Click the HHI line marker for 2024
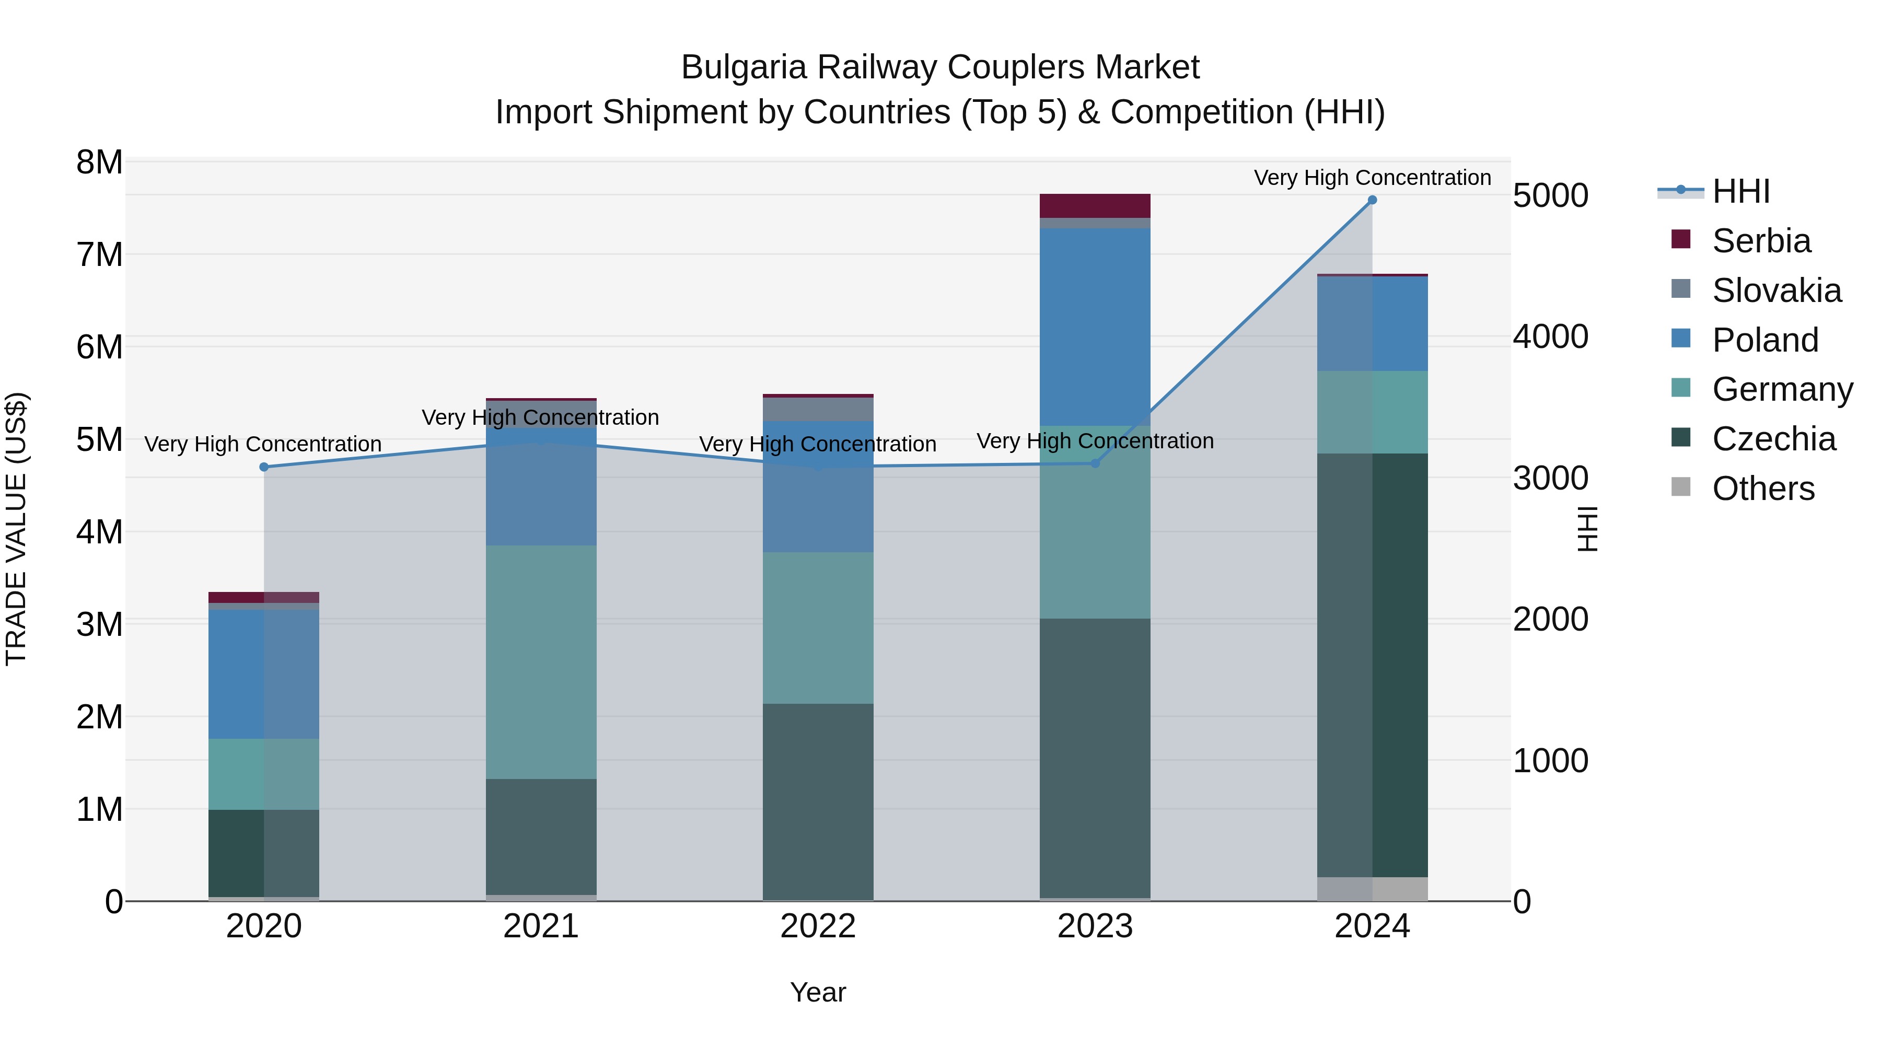pyautogui.click(x=1372, y=200)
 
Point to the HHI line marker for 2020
pyautogui.click(x=264, y=467)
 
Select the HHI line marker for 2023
pyautogui.click(x=1095, y=463)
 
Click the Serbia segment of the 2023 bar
pyautogui.click(x=1095, y=206)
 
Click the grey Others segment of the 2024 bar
pyautogui.click(x=1372, y=889)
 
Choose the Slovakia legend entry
pyautogui.click(x=1776, y=290)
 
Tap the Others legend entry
pyautogui.click(x=1763, y=489)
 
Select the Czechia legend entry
pyautogui.click(x=1773, y=439)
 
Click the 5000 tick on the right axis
pyautogui.click(x=1550, y=196)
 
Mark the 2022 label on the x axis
pyautogui.click(x=818, y=926)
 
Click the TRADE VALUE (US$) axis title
pyautogui.click(x=16, y=529)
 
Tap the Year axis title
pyautogui.click(x=818, y=992)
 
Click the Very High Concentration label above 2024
pyautogui.click(x=1372, y=178)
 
